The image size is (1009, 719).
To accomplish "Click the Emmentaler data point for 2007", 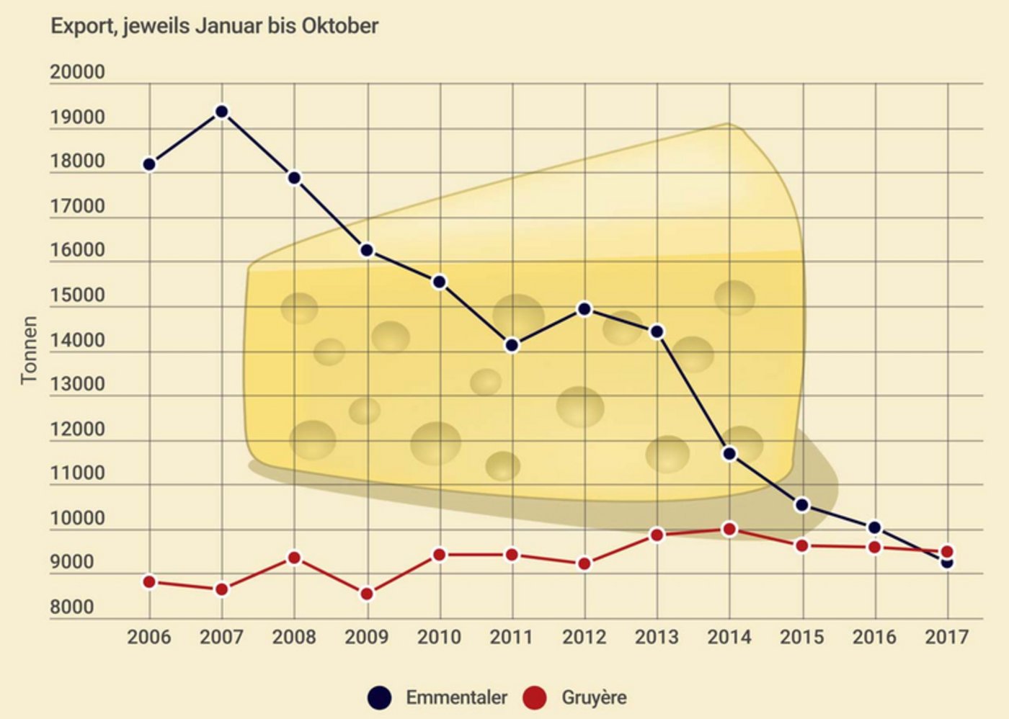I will (x=222, y=112).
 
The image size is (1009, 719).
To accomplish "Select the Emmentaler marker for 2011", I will (x=512, y=345).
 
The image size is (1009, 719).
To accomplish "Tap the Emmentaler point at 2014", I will (x=729, y=454).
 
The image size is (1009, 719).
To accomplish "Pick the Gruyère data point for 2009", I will (x=367, y=594).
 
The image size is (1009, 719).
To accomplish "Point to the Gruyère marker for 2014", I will (x=729, y=530).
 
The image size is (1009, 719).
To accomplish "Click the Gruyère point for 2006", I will (x=149, y=582).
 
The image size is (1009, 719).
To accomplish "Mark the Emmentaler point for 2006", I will (x=149, y=164).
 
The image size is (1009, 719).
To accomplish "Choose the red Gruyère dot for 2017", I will (x=948, y=552).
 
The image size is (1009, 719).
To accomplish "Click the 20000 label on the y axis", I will (x=77, y=73).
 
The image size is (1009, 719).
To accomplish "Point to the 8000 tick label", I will (x=72, y=607).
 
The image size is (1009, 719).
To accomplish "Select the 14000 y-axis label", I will (x=77, y=340).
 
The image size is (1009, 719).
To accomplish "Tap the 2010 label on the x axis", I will (x=439, y=638).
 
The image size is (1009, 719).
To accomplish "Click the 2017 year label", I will (x=947, y=638).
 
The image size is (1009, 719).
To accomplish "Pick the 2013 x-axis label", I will (x=657, y=638).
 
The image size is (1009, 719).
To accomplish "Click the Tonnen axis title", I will (x=29, y=350).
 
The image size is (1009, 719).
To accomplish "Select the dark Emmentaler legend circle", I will (x=379, y=697).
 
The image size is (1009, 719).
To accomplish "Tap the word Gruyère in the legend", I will (x=594, y=697).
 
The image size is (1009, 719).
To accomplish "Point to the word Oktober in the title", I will (x=339, y=26).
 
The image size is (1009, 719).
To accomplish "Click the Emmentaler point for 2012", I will (x=584, y=309).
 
